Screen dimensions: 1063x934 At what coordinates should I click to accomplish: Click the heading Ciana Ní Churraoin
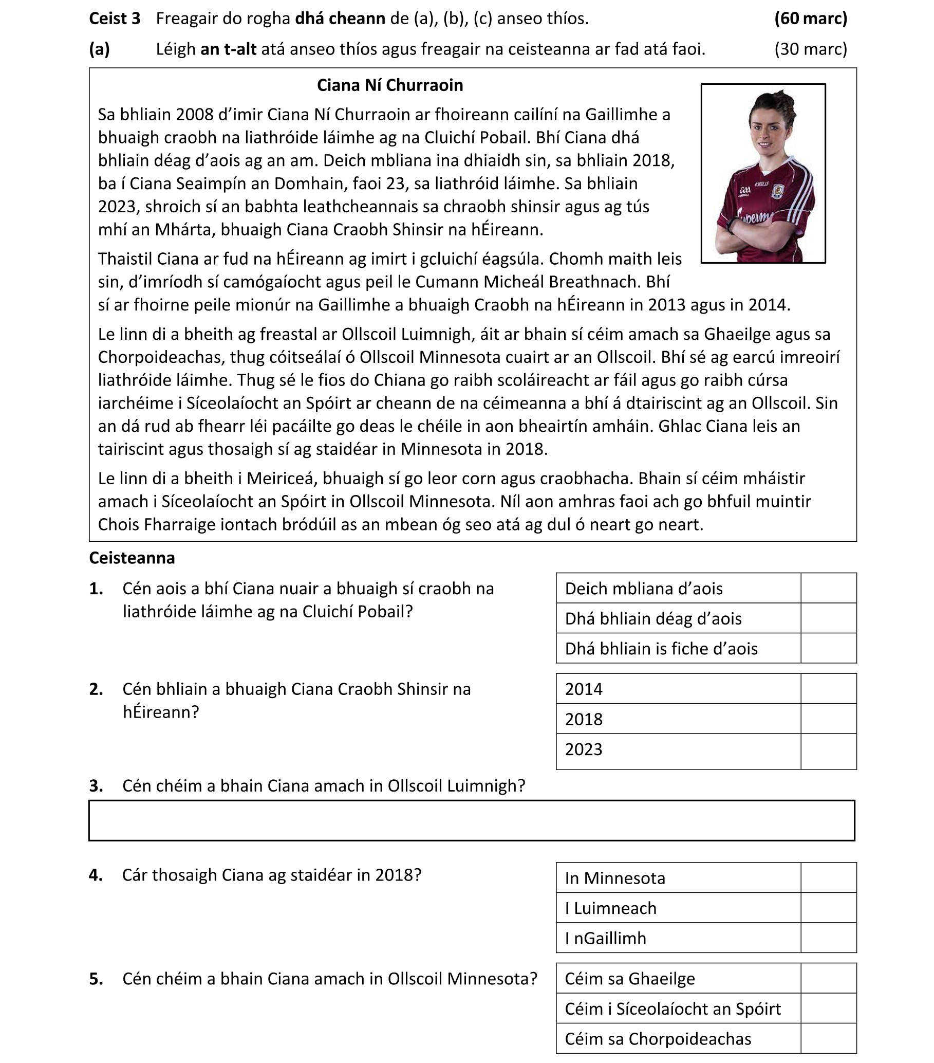coord(390,85)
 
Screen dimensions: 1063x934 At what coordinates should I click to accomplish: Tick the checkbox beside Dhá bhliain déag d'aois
coord(828,618)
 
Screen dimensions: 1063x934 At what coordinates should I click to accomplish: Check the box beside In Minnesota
coord(828,877)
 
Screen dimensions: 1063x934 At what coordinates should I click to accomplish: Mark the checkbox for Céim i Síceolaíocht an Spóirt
coord(828,1009)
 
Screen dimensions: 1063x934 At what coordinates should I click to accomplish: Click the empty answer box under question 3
coord(471,820)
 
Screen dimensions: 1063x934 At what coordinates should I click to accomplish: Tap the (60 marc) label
coord(810,19)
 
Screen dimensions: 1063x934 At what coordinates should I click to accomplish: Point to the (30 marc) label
coord(810,49)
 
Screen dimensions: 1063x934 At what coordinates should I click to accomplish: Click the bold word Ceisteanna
coord(132,558)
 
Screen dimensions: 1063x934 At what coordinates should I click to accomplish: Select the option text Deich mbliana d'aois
coord(643,588)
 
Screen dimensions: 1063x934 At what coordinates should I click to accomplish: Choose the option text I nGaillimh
coord(606,938)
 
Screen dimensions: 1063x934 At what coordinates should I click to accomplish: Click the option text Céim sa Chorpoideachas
coord(658,1038)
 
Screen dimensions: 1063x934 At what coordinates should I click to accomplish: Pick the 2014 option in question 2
coord(584,689)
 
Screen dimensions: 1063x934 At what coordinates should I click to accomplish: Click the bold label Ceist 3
coord(115,19)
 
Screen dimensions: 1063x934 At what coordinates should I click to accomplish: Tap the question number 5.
coord(96,979)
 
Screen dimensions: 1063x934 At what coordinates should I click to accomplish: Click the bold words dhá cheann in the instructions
coord(340,19)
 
